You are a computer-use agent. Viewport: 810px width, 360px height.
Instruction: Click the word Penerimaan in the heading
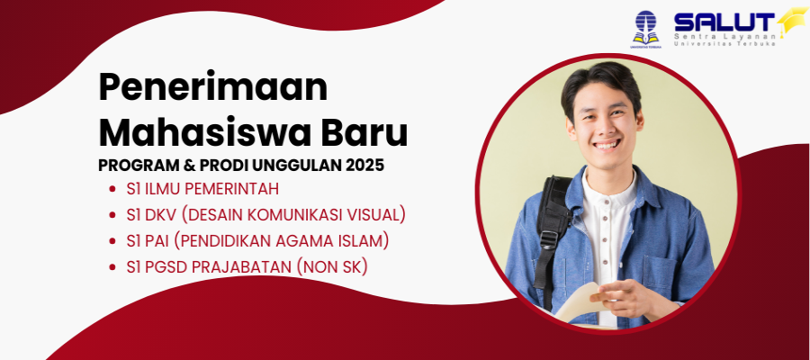click(212, 87)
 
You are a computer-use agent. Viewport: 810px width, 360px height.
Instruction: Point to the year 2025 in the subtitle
click(365, 166)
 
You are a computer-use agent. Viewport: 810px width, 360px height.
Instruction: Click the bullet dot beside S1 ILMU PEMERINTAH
click(112, 190)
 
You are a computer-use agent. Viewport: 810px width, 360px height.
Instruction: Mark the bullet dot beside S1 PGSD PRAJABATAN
click(112, 267)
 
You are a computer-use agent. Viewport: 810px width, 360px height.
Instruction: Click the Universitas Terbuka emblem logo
click(645, 30)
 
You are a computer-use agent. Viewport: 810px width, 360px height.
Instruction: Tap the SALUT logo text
click(724, 22)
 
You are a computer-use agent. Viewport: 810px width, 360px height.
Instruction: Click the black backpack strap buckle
click(549, 240)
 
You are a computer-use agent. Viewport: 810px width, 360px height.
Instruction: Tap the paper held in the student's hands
click(579, 302)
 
